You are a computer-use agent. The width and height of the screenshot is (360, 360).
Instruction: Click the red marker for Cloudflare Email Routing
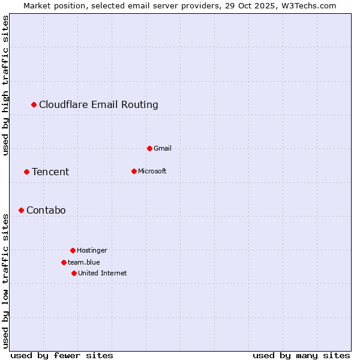tap(34, 105)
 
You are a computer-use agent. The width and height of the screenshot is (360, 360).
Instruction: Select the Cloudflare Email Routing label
tap(98, 105)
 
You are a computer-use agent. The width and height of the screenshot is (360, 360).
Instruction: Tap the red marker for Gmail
tap(149, 148)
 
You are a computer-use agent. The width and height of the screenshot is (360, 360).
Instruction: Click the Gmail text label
tap(163, 148)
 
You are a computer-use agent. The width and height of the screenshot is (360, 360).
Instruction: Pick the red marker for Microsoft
tap(134, 171)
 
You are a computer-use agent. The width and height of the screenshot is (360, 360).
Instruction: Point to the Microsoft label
tap(152, 171)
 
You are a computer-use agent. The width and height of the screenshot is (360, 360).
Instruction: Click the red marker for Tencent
tap(26, 172)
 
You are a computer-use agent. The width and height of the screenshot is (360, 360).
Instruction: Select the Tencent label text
tap(50, 172)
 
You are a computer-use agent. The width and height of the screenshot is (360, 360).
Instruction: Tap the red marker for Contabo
tap(21, 210)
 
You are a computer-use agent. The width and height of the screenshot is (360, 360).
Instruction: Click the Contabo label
tap(46, 211)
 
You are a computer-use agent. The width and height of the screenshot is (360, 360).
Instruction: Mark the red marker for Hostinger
tap(73, 250)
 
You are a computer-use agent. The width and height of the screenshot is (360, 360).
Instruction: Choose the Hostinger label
tap(92, 250)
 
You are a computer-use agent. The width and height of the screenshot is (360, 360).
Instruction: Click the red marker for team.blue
tap(64, 262)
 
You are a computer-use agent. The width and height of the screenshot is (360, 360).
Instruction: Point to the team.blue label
tap(84, 262)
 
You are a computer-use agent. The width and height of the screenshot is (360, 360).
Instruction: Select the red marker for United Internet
tap(74, 273)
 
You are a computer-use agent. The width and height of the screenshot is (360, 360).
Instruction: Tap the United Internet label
tap(102, 273)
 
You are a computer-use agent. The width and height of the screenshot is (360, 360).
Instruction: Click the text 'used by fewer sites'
tap(62, 355)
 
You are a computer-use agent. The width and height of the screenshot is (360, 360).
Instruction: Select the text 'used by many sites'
tap(301, 355)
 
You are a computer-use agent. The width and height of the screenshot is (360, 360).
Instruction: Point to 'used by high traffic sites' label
tap(6, 85)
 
